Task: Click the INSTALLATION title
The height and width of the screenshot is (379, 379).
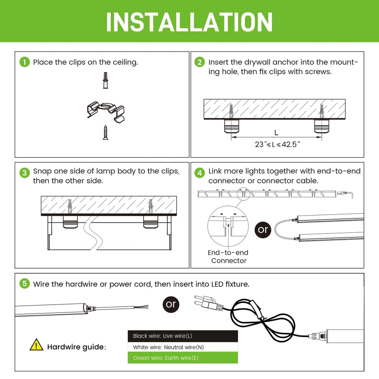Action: click(189, 22)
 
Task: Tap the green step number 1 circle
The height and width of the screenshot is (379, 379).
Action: click(25, 62)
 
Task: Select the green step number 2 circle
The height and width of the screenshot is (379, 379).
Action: click(200, 62)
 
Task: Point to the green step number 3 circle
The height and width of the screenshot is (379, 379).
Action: click(25, 172)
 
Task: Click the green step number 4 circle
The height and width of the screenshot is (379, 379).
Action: click(200, 172)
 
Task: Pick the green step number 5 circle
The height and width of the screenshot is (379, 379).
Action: click(25, 283)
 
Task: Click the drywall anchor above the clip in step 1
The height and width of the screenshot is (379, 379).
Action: click(105, 80)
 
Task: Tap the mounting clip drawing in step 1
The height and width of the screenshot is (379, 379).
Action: click(106, 112)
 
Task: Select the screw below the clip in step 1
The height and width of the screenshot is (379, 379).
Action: click(105, 132)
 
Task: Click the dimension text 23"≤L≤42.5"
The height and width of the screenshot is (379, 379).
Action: click(277, 144)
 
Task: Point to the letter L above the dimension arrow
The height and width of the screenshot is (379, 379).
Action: click(276, 133)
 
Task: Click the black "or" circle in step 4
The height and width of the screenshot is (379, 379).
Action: click(263, 230)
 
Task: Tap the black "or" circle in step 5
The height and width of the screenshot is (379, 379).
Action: click(171, 304)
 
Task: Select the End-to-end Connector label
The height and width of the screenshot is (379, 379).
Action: click(228, 257)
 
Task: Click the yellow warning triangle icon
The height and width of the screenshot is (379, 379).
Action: click(36, 345)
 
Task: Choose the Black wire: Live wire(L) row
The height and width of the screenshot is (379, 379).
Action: click(183, 336)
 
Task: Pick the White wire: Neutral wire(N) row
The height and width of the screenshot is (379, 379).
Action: click(183, 347)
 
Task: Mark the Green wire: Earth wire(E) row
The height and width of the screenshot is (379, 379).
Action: click(183, 358)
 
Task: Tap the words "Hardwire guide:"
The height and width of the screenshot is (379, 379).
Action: click(77, 347)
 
